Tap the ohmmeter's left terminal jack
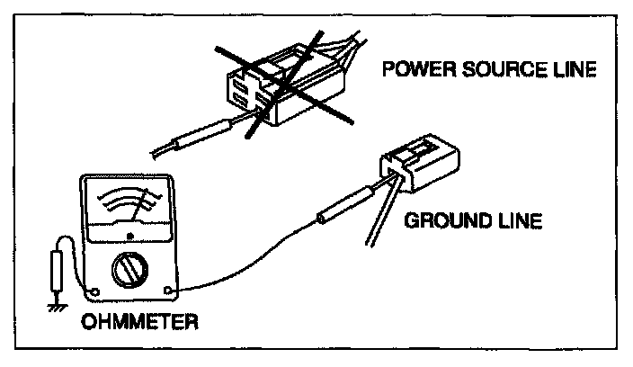(95, 289)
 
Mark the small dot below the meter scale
(131, 237)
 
